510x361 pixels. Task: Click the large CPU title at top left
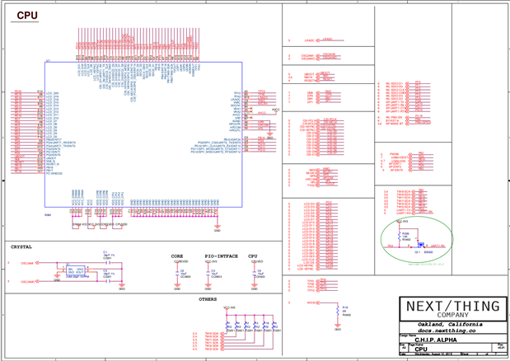click(27, 16)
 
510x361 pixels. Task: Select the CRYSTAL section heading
click(21, 246)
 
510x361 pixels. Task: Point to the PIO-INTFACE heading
click(221, 256)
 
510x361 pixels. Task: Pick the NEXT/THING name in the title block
click(452, 306)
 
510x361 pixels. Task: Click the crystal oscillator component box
click(76, 270)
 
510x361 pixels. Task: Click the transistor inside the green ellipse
click(421, 245)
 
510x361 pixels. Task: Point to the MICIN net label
click(314, 302)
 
